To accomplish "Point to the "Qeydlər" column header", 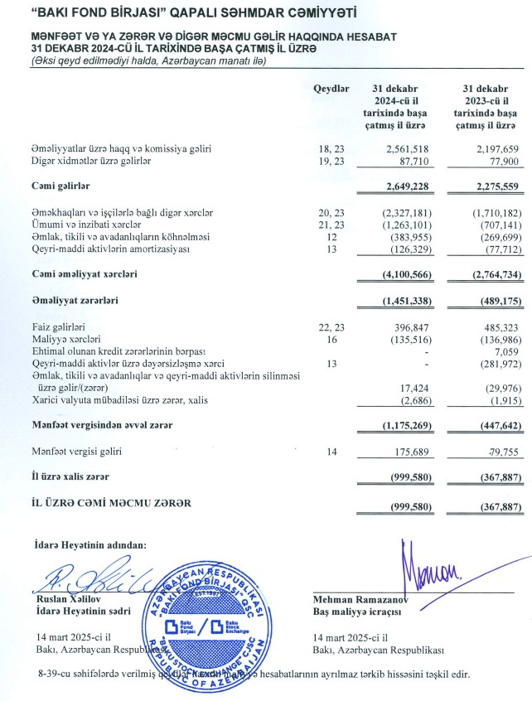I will coord(331,88).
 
